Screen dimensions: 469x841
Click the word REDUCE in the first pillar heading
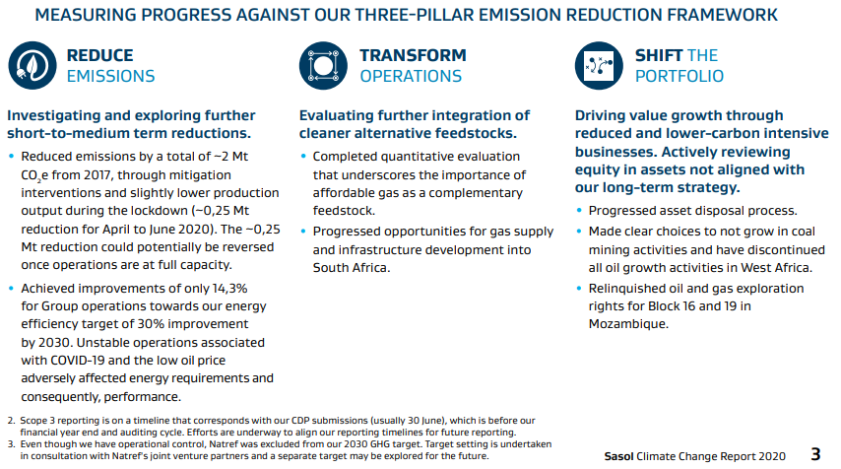(x=99, y=55)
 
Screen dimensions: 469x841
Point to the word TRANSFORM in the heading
(x=413, y=55)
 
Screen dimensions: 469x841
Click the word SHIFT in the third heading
(x=658, y=55)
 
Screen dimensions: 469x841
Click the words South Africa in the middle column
(x=352, y=268)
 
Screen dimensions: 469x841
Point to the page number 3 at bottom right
(x=815, y=454)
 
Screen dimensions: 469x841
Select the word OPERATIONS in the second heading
(x=411, y=76)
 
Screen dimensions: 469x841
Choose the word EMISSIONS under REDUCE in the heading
(x=110, y=76)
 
